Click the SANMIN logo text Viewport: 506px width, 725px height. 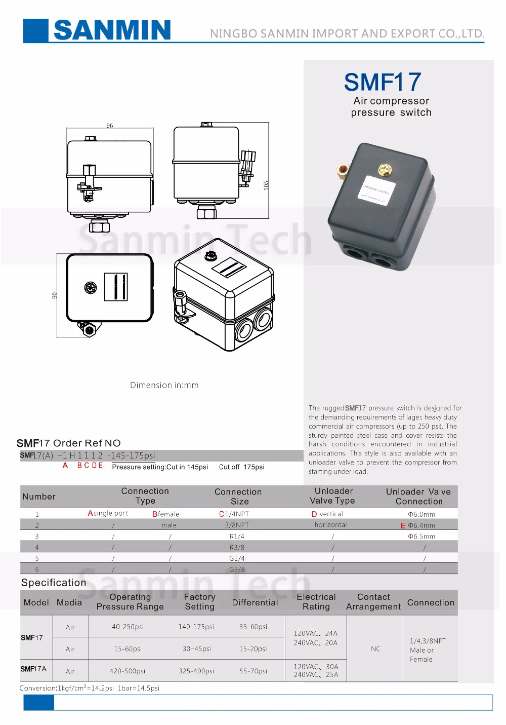(x=112, y=30)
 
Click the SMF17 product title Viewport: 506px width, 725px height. (x=382, y=82)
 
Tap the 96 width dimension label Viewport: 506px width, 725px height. (x=110, y=126)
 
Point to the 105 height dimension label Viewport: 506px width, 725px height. (x=266, y=185)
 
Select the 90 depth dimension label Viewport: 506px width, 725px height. (x=55, y=295)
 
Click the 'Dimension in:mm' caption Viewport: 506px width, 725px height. (x=164, y=385)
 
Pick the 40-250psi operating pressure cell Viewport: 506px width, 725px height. (x=128, y=627)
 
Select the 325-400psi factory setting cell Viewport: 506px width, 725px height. (x=196, y=671)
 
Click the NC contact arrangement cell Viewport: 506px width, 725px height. (x=375, y=648)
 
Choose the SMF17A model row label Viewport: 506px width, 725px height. (x=33, y=669)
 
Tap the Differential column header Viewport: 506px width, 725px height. (x=255, y=602)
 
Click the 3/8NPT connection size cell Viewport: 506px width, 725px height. (x=237, y=525)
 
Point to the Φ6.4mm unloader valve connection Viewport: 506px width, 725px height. (x=421, y=525)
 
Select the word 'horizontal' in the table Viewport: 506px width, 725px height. (x=330, y=525)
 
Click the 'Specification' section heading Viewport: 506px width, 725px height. (x=54, y=583)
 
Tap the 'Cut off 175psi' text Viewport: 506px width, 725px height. (x=241, y=467)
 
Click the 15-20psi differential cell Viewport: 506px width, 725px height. (x=252, y=648)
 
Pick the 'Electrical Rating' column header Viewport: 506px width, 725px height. (x=316, y=602)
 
